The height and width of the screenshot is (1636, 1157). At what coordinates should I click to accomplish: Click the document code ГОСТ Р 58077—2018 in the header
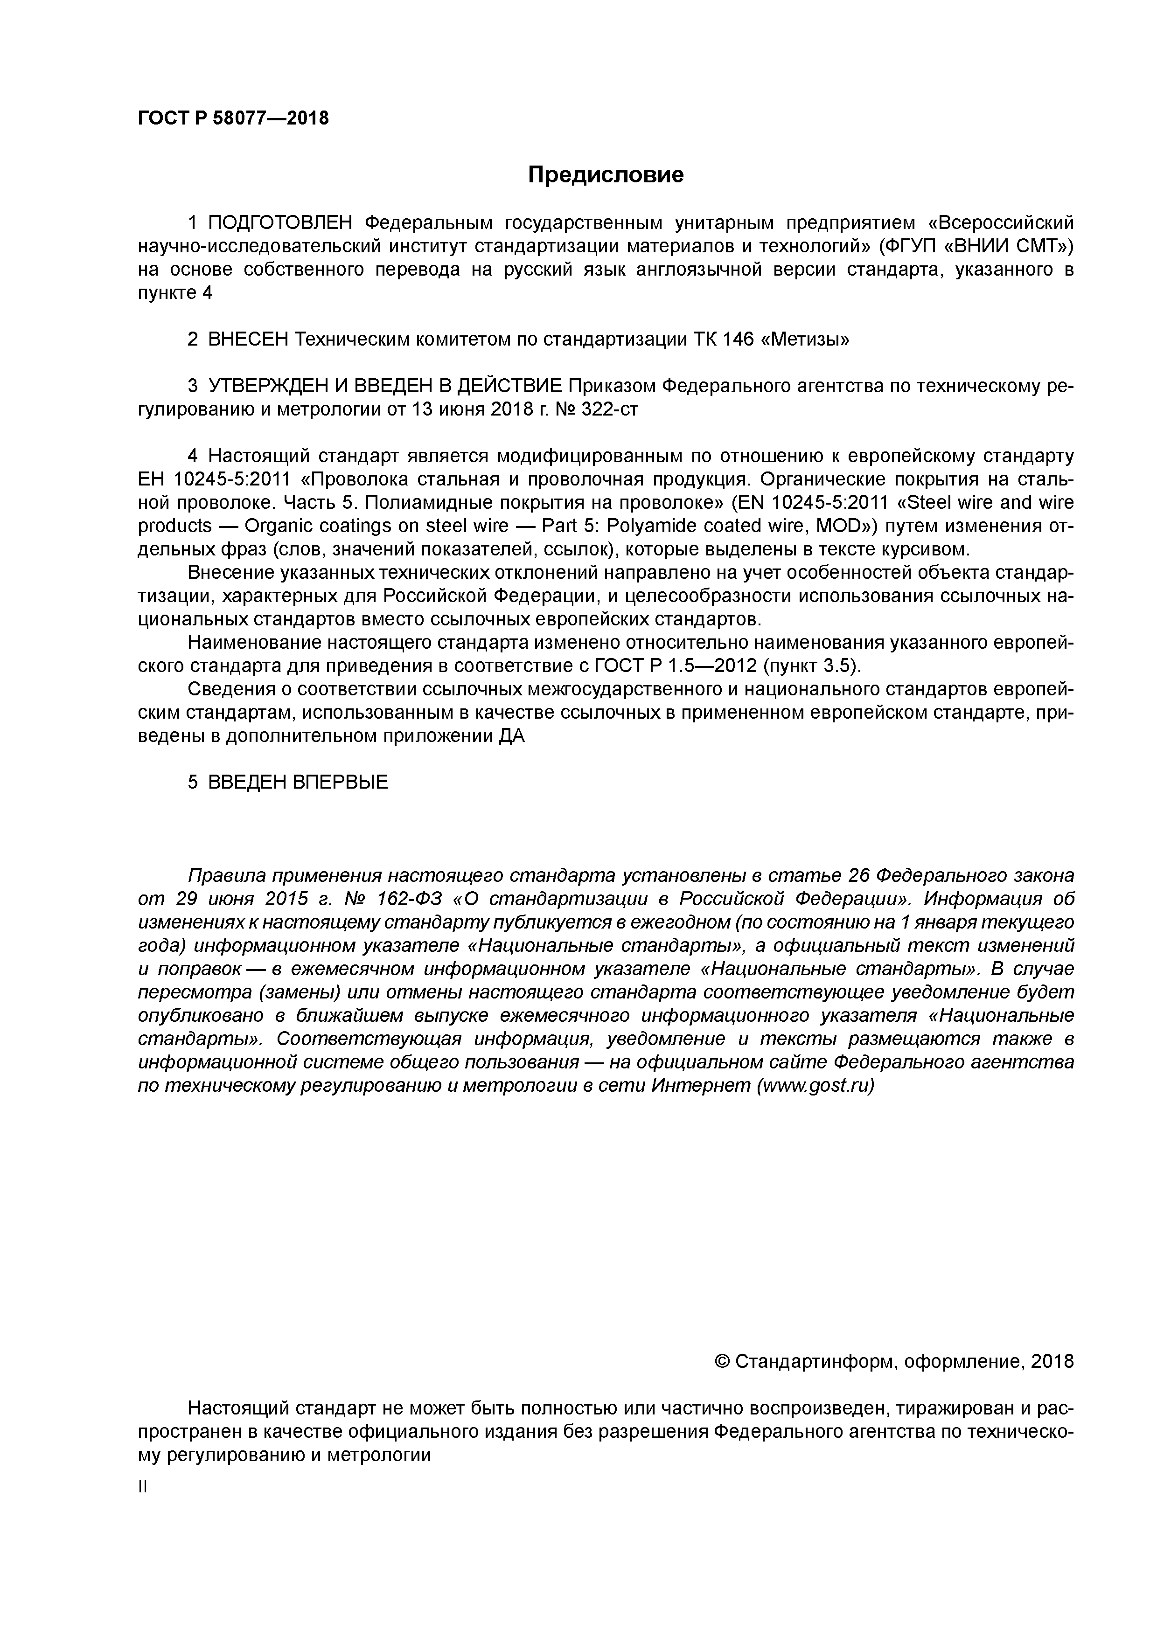pos(233,118)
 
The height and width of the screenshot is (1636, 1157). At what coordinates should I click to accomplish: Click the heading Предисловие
pos(605,174)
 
